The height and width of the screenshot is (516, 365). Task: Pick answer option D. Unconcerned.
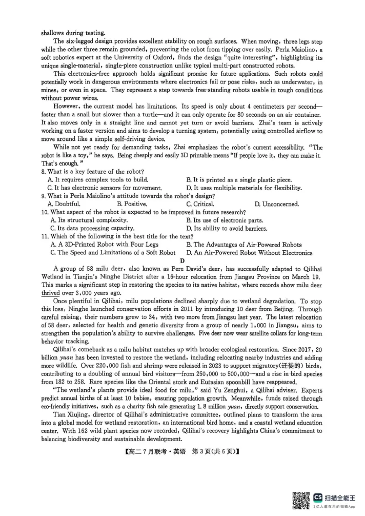click(276, 204)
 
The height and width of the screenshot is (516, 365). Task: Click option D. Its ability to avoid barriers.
click(227, 228)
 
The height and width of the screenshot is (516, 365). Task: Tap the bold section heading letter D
click(182, 260)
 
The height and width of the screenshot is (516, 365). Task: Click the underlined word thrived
click(51, 293)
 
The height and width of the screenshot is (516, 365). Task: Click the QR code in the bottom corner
click(300, 500)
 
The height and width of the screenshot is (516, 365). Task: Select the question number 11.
click(45, 237)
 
